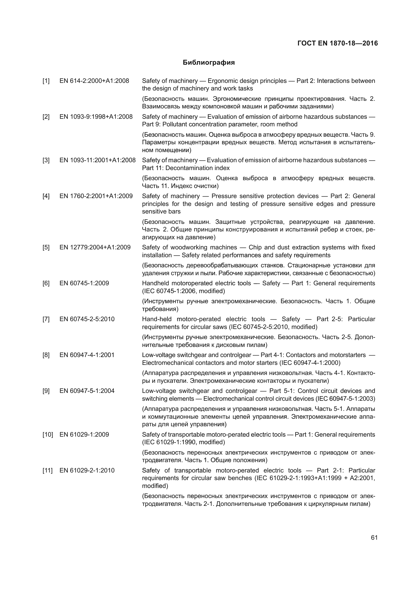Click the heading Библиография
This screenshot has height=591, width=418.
click(x=208, y=63)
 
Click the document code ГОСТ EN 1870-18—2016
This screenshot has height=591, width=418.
click(x=337, y=43)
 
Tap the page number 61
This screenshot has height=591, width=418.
click(x=374, y=538)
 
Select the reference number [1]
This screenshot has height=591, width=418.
click(x=46, y=81)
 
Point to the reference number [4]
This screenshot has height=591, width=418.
click(x=46, y=196)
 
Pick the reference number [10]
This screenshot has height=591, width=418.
click(x=48, y=435)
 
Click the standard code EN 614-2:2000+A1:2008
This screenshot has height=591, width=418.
click(x=94, y=81)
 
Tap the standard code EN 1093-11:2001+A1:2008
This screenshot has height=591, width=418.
click(x=98, y=160)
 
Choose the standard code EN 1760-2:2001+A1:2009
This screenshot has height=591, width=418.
click(x=96, y=196)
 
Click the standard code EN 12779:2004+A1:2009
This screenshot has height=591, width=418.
click(x=95, y=247)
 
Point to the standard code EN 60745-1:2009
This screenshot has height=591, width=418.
click(x=84, y=283)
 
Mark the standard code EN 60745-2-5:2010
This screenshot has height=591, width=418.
click(x=87, y=319)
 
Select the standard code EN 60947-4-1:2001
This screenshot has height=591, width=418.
click(x=87, y=355)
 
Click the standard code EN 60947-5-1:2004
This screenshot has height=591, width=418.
click(x=87, y=391)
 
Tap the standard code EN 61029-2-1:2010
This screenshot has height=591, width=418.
click(x=87, y=470)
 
